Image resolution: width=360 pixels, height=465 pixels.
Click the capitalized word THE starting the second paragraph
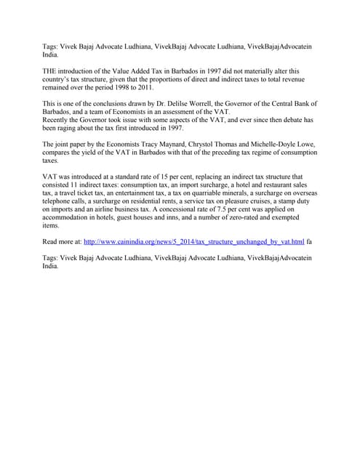(51, 70)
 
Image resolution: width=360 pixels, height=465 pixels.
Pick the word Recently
(58, 120)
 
